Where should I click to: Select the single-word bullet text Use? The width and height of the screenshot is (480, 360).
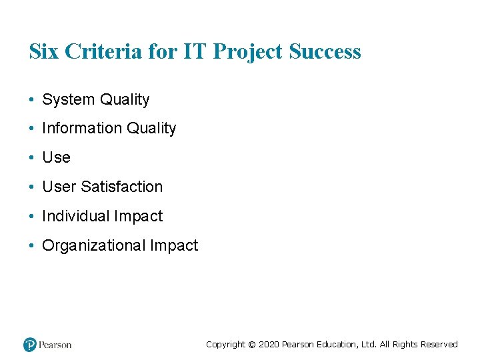56,158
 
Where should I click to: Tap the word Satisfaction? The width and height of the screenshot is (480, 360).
122,187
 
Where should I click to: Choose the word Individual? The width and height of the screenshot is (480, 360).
75,217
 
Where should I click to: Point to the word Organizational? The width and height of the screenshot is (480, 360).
93,246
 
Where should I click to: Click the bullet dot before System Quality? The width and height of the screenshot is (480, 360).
32,100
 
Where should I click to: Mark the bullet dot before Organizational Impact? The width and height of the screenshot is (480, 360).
32,246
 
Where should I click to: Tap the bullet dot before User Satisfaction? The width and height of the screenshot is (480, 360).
32,187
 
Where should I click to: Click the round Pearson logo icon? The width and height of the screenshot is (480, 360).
29,345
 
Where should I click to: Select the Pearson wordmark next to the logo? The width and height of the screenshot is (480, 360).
55,345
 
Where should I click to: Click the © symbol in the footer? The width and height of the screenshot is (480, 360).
251,345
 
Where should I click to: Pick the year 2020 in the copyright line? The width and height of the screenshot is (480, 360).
269,345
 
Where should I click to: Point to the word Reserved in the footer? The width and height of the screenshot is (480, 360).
441,345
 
